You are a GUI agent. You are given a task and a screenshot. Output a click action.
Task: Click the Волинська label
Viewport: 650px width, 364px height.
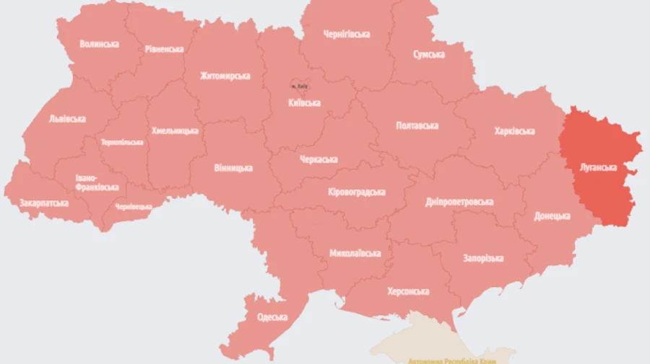100,44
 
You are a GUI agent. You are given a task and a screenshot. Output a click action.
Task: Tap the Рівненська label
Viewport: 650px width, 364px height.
163,49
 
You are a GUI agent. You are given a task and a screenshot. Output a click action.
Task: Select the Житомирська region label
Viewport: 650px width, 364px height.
226,76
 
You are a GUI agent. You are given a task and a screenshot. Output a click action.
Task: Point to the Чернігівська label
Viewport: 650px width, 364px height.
347,34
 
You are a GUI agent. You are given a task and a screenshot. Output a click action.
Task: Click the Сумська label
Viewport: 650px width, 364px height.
428,55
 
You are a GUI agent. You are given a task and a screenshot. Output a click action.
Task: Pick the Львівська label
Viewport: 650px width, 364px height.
67,119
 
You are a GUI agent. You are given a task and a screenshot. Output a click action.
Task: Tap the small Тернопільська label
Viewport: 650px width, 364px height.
122,142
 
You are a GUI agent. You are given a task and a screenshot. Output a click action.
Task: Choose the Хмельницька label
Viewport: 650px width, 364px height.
175,131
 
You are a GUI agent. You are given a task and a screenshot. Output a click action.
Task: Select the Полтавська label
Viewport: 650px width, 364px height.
417,125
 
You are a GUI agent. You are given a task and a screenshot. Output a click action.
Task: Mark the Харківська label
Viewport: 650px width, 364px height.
514,131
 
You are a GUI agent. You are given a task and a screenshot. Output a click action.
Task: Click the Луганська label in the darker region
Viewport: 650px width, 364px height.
598,167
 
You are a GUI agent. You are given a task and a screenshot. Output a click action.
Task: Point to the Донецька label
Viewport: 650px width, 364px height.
552,216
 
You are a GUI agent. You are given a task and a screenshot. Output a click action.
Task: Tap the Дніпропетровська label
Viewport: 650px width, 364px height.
459,202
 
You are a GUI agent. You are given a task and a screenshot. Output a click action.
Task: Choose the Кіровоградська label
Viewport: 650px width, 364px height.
356,192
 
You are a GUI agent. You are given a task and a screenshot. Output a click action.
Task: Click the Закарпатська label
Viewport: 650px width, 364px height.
44,203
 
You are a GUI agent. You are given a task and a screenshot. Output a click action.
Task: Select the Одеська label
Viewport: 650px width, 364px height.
272,317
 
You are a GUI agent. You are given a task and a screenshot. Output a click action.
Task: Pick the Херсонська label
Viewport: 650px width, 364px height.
407,291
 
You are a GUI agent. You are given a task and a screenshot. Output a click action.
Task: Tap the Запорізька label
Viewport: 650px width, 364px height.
483,258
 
